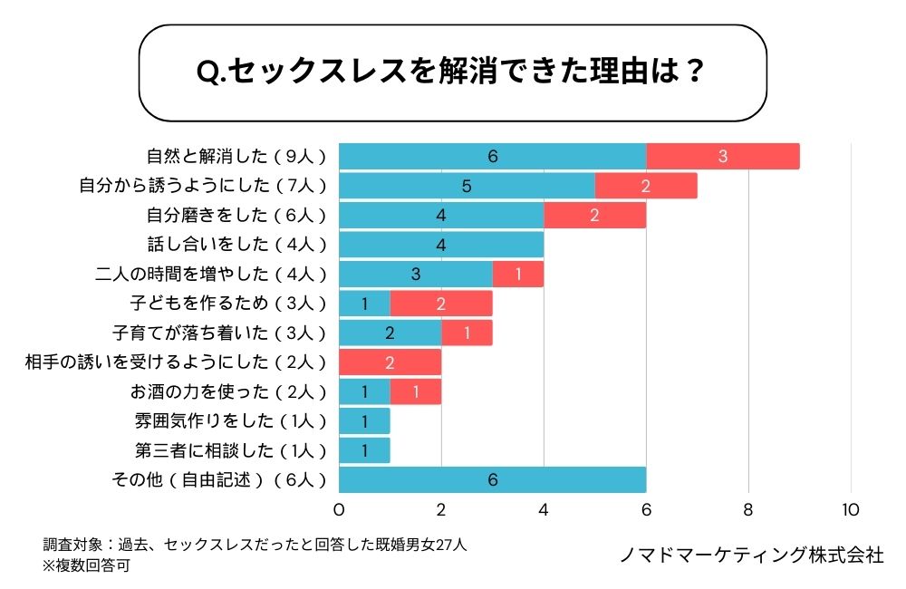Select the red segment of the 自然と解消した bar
tap(723, 156)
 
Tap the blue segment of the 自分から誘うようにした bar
tap(467, 186)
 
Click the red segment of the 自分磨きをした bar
tap(594, 215)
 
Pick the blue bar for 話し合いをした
tap(441, 245)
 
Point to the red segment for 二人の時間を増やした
tap(518, 274)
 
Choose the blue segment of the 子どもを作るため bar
tap(364, 304)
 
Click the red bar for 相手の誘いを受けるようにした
tap(390, 362)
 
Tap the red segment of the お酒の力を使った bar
tap(415, 391)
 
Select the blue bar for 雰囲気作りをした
tap(364, 421)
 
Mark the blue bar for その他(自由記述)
tap(492, 480)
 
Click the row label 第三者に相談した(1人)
tap(230, 450)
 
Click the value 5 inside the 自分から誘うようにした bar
tap(467, 186)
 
